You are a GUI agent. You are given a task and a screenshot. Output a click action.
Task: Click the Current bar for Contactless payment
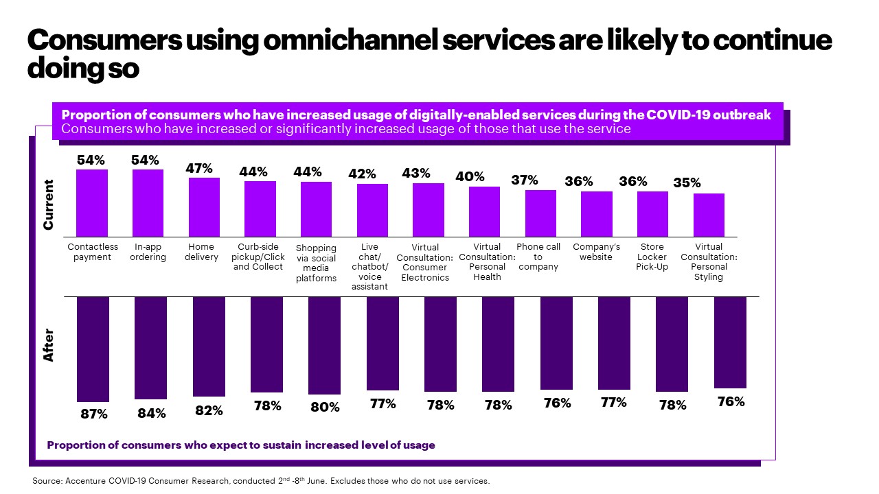[x=92, y=203]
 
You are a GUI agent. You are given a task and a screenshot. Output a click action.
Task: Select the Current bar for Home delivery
[x=205, y=207]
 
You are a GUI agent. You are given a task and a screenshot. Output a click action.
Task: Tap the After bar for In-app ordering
[x=150, y=348]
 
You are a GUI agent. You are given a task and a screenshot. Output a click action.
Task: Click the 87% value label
[x=93, y=414]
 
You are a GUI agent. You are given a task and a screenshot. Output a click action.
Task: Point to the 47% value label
[x=199, y=168]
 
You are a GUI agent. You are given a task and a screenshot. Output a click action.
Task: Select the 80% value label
[x=325, y=407]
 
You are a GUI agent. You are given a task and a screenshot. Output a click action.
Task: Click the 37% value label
[x=525, y=180]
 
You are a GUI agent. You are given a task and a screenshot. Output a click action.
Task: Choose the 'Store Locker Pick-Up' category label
[x=652, y=257]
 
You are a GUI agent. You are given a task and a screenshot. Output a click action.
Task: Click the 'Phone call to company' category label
[x=538, y=257]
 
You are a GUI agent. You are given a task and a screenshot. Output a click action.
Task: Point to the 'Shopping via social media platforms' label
[x=316, y=263]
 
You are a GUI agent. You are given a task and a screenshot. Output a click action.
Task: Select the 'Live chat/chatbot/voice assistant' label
[x=370, y=267]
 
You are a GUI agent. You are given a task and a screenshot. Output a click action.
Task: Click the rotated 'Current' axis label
[x=48, y=204]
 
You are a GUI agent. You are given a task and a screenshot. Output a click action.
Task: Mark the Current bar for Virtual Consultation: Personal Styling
[x=709, y=215]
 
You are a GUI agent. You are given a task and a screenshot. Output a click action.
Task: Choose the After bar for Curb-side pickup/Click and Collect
[x=266, y=344]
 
